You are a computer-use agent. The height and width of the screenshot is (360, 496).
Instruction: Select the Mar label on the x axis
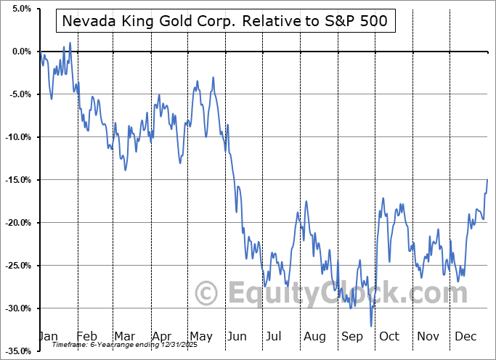(x=123, y=336)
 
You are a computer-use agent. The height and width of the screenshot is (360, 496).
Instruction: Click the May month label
(x=200, y=336)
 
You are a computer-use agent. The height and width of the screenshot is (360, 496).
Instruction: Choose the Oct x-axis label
(x=390, y=336)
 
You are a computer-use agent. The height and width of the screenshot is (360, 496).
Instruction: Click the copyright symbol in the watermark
(x=208, y=294)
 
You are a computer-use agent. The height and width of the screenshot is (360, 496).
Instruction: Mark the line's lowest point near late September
(x=370, y=326)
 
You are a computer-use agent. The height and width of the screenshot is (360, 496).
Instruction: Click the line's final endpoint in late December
(x=487, y=179)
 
